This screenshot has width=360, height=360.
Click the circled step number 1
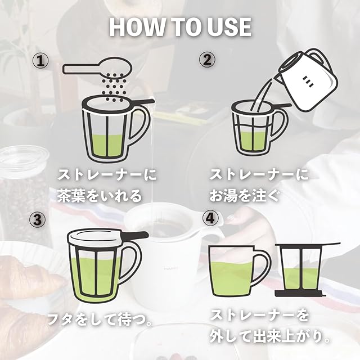pos(40,61)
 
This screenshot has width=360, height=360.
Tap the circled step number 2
pos(207,60)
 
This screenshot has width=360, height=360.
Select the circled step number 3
pos(37,219)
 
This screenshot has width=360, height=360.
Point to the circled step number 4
pos(210,218)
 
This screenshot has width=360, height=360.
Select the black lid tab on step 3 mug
pos(135,235)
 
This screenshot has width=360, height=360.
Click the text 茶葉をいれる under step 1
pos(99,196)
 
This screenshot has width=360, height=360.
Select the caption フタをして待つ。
pos(100,319)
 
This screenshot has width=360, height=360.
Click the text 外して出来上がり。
pos(270,337)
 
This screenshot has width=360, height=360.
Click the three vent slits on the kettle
pos(308,82)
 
